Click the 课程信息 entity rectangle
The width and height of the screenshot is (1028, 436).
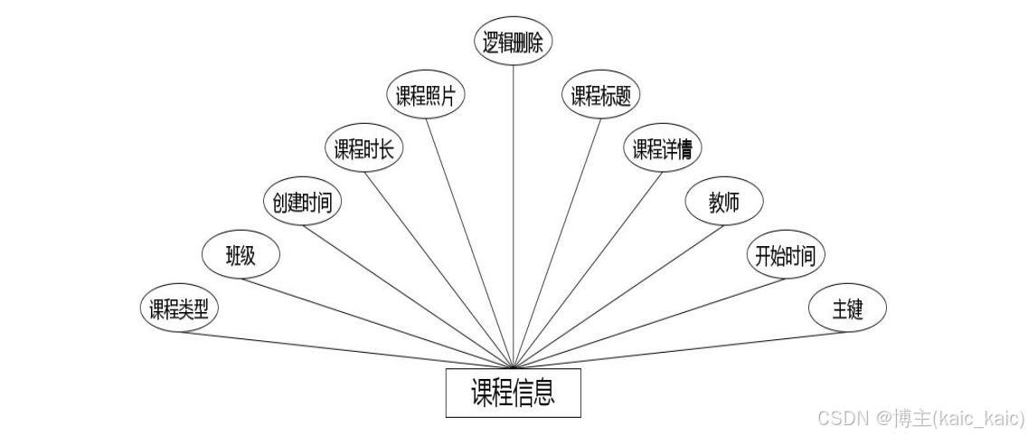[x=513, y=393]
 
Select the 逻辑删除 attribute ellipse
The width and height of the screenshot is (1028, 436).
[x=514, y=43]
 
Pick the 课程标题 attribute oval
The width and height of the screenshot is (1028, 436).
[x=600, y=97]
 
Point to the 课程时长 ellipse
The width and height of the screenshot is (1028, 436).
[x=363, y=150]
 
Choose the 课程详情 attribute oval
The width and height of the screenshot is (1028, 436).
[x=663, y=150]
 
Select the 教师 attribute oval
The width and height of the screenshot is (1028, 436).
[x=724, y=203]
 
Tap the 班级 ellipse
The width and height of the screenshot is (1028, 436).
[x=240, y=256]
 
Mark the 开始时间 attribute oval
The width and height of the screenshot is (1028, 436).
[x=786, y=256]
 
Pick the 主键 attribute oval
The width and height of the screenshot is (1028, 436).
[x=847, y=309]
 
